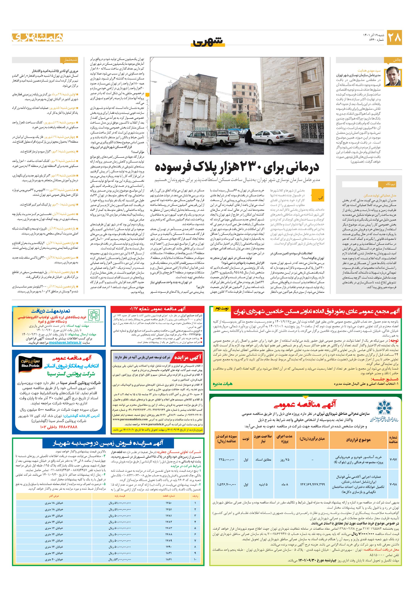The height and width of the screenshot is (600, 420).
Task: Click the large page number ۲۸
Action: [394, 38]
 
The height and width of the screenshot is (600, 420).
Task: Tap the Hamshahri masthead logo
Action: [37, 37]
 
